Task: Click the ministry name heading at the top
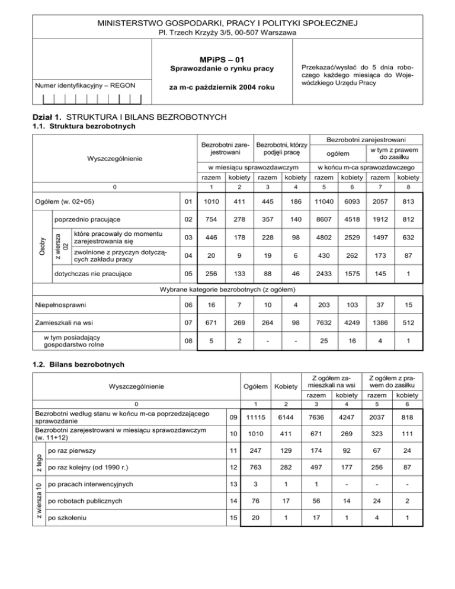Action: point(227,23)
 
